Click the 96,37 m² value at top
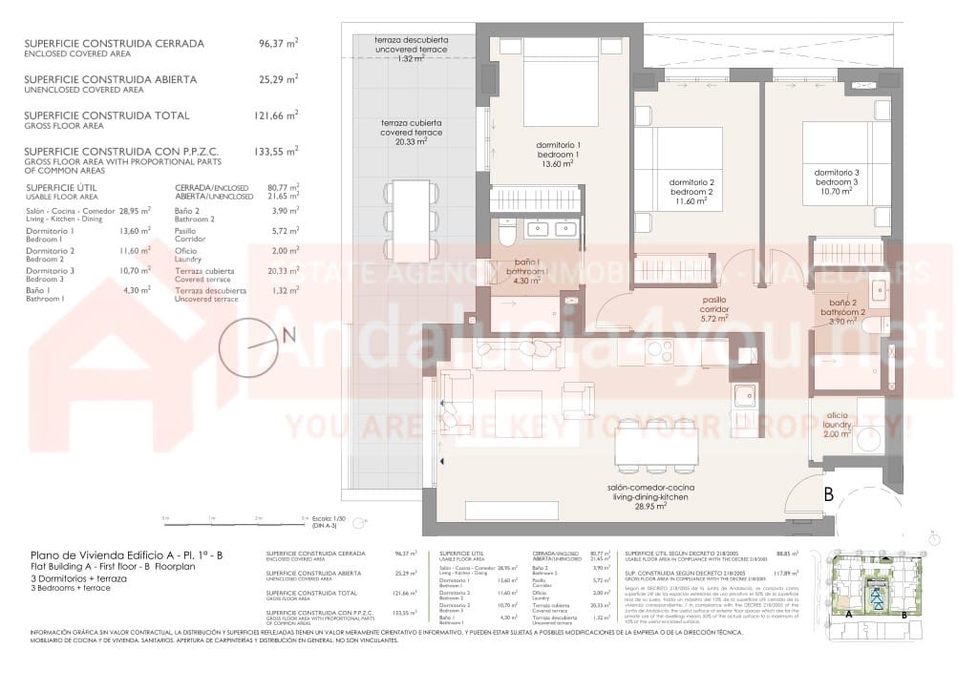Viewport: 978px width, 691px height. coord(278,44)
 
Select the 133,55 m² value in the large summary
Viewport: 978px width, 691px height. coord(278,151)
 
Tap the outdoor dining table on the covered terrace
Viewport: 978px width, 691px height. coord(412,220)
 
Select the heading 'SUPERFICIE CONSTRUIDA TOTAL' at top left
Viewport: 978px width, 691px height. coord(106,115)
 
